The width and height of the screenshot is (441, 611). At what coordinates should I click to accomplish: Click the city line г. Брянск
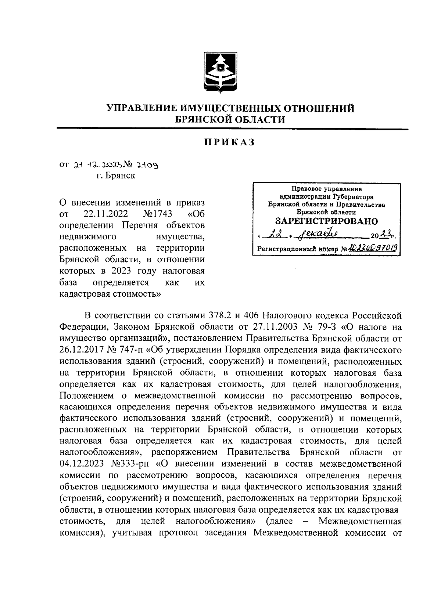[x=116, y=176]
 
